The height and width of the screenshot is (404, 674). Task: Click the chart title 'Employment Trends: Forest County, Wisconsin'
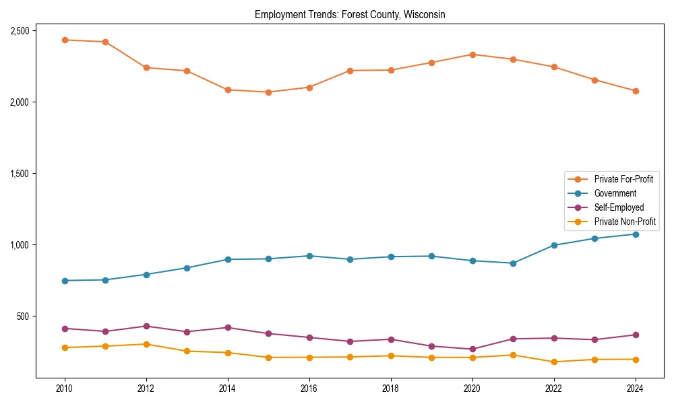350,15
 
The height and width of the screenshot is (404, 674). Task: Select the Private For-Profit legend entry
623,179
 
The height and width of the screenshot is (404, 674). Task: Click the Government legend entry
615,193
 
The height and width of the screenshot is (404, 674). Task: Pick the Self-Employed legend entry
619,207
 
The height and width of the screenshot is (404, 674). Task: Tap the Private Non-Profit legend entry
625,222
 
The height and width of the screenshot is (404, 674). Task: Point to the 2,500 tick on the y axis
19,31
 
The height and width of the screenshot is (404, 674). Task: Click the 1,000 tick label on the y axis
19,245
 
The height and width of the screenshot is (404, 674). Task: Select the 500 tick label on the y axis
22,316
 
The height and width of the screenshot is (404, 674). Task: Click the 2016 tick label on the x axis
309,389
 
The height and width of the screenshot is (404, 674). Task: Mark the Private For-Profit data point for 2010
65,40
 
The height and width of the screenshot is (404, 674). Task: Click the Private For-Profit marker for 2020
472,55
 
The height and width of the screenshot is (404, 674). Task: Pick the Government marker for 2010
65,281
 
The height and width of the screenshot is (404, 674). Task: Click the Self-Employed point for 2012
146,326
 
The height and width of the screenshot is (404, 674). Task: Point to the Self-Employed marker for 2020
472,349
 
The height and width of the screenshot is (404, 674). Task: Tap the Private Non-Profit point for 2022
554,362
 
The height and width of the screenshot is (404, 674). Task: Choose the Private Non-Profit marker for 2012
146,344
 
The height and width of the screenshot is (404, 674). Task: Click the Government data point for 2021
513,263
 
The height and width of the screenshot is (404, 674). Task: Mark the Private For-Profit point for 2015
268,92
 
